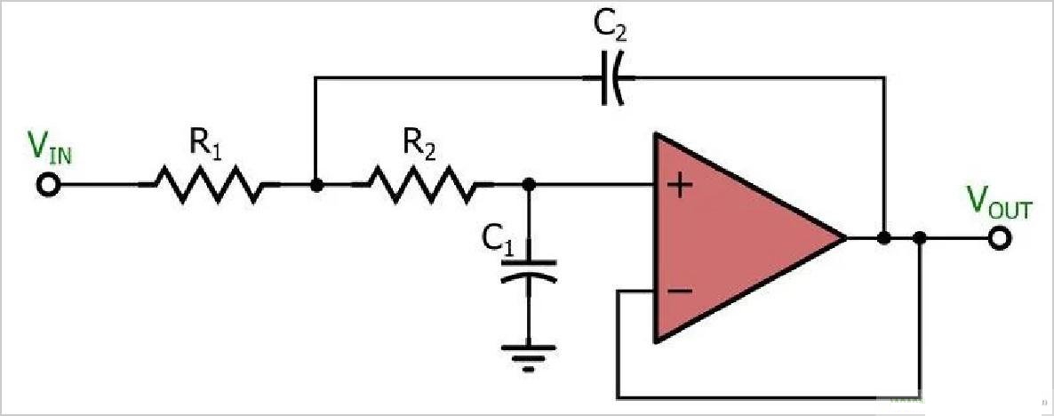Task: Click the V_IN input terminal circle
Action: click(49, 185)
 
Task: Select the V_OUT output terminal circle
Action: click(1000, 238)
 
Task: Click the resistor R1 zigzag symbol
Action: click(209, 185)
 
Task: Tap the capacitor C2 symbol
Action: click(610, 78)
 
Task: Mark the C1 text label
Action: click(498, 239)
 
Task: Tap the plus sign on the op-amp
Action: click(680, 187)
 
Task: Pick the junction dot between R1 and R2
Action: click(315, 185)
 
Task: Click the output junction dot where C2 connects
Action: click(883, 238)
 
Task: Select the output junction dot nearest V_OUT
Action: click(920, 238)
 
